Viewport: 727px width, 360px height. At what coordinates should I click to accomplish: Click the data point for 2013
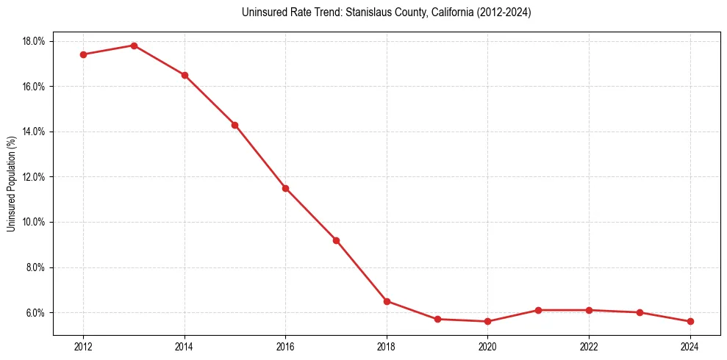[134, 46]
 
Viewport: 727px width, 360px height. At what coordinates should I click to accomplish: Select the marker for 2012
[83, 54]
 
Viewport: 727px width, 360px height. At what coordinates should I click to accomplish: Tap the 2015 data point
[234, 125]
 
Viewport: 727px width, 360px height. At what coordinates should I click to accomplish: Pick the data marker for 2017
[336, 240]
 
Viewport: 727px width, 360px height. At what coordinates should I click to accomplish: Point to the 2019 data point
[437, 319]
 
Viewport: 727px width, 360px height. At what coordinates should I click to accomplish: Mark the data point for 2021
[538, 310]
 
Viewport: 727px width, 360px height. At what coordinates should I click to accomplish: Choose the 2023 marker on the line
[640, 312]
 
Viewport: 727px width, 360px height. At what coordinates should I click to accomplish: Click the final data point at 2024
[690, 321]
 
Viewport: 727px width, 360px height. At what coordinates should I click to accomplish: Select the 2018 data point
[387, 301]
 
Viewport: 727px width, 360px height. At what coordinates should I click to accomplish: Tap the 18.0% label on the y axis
[34, 41]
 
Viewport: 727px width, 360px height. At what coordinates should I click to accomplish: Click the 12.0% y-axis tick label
[34, 177]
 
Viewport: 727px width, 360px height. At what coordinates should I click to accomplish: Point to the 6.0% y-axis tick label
[35, 313]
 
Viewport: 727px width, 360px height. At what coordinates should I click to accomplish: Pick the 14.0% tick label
[34, 132]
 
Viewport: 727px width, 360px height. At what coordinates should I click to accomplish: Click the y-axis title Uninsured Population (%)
[12, 183]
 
